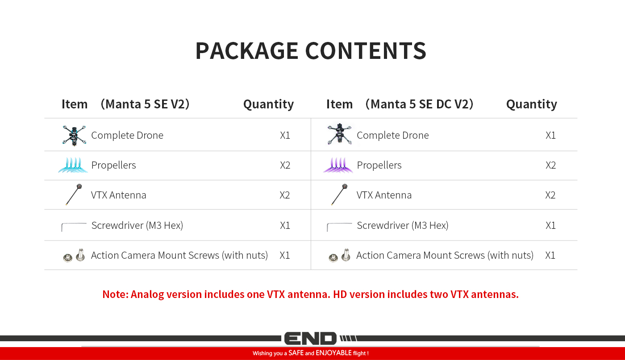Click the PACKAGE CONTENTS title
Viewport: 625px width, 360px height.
[x=311, y=51]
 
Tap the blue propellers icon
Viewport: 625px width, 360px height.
[x=73, y=165]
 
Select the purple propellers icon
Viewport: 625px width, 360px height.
[x=338, y=165]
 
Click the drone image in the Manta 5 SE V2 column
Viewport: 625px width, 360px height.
[x=74, y=136]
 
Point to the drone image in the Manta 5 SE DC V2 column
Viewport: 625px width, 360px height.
[x=339, y=134]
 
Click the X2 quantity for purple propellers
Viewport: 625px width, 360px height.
[x=551, y=166]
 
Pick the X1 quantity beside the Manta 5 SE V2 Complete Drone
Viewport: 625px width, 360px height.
[x=285, y=136]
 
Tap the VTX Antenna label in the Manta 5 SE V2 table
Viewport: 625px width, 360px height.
[x=119, y=195]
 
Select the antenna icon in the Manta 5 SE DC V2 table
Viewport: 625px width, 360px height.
[x=339, y=194]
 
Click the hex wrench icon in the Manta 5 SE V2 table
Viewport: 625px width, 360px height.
[x=74, y=223]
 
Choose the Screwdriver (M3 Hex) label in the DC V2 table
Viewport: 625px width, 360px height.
[x=403, y=225]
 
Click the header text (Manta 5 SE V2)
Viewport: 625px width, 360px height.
[x=145, y=104]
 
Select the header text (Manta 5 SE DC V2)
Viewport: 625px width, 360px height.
[x=419, y=104]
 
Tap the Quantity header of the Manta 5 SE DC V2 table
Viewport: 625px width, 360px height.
[x=532, y=104]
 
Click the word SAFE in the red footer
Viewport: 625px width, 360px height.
[x=296, y=353]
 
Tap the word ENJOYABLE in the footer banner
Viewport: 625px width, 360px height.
[x=333, y=353]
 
